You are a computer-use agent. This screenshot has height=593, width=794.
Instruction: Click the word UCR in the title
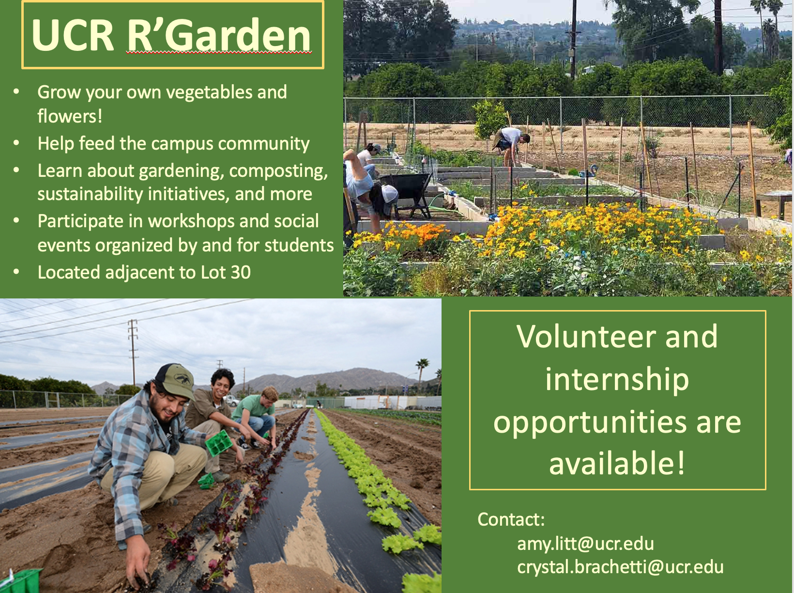pyautogui.click(x=73, y=35)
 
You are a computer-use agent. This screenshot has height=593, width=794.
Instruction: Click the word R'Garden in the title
pyautogui.click(x=219, y=35)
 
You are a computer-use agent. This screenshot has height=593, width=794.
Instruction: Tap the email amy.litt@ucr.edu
pyautogui.click(x=585, y=544)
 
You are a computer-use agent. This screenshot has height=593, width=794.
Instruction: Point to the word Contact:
pyautogui.click(x=511, y=519)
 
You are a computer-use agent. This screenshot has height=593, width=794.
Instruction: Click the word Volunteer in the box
pyautogui.click(x=586, y=337)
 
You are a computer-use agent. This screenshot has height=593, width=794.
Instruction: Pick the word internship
pyautogui.click(x=617, y=380)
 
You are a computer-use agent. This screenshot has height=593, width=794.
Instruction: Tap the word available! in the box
pyautogui.click(x=617, y=463)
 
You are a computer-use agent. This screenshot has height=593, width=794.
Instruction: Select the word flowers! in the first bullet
pyautogui.click(x=70, y=116)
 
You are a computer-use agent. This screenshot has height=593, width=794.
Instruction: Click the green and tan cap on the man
pyautogui.click(x=175, y=380)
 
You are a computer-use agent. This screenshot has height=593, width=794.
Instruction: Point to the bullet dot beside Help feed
pyautogui.click(x=16, y=143)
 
